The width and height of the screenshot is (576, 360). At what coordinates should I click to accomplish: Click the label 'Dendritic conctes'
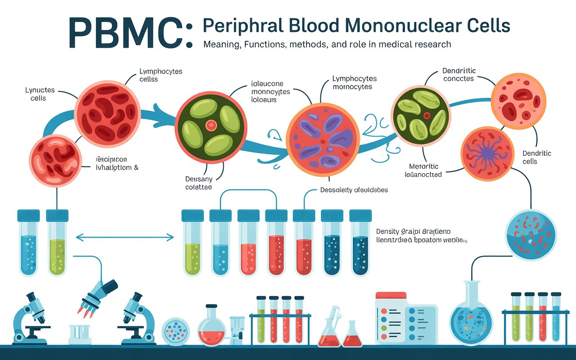[x=459, y=75]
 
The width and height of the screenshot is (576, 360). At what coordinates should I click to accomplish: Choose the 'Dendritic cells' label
[x=537, y=157]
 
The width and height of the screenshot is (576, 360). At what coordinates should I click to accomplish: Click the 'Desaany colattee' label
[x=198, y=183]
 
